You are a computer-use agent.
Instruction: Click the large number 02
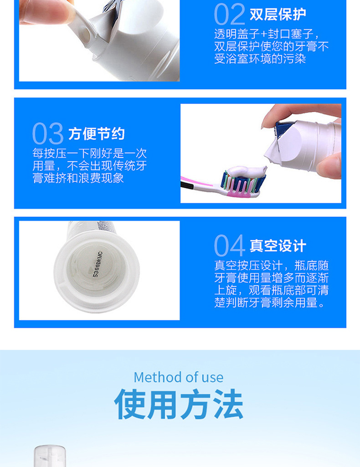point(229,14)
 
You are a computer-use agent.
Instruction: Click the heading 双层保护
point(278,14)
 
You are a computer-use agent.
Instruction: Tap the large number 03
point(48,133)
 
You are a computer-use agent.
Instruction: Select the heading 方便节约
point(97,134)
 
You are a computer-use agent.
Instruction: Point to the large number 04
point(230,246)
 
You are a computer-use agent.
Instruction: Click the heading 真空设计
point(278,246)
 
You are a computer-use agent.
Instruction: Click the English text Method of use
point(178,377)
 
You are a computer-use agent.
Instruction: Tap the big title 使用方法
point(179,404)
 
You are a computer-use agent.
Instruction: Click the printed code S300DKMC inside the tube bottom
point(98,265)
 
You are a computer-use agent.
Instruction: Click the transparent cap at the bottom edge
point(50,456)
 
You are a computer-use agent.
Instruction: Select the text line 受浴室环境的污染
point(260,59)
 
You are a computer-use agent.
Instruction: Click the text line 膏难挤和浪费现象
point(78,178)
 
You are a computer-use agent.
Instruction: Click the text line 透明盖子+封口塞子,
point(267,34)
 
